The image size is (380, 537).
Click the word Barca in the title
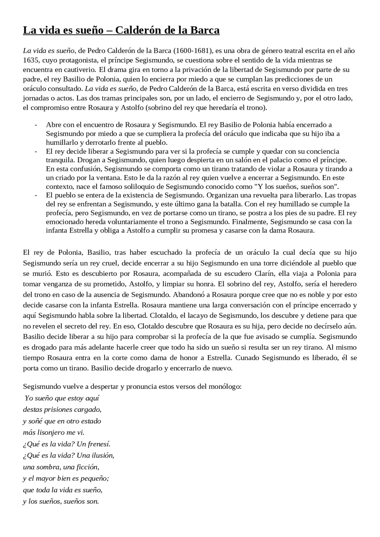tap(205, 31)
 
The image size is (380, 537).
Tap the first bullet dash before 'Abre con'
tap(36, 125)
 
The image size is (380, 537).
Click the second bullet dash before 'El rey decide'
tap(36, 152)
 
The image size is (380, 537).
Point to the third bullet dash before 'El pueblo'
tap(36, 195)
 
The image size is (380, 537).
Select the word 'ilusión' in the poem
tap(103, 455)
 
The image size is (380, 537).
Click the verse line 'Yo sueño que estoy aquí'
tap(62, 398)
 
